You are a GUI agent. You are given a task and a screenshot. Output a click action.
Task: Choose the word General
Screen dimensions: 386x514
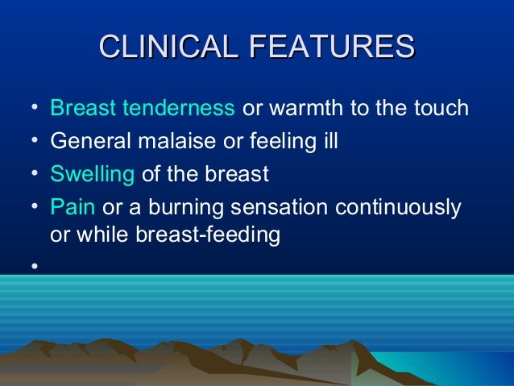tap(84, 141)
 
